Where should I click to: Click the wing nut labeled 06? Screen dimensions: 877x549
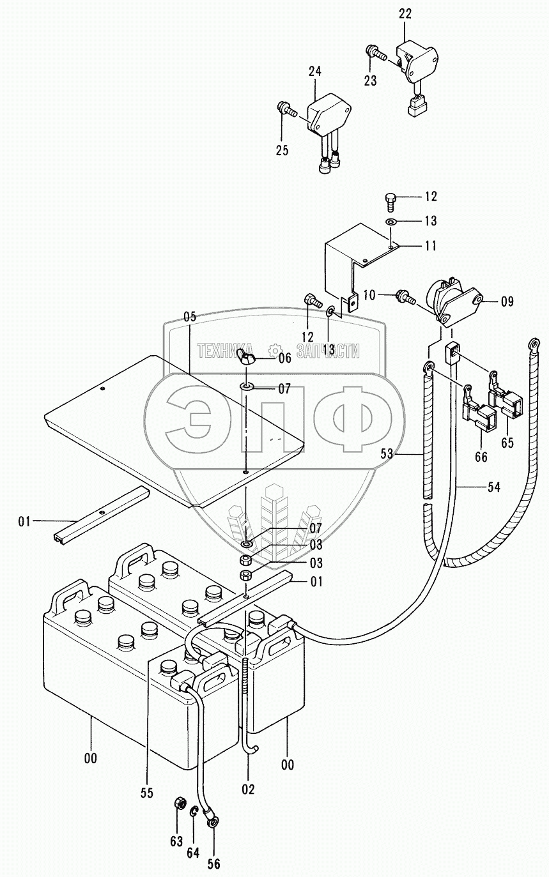tap(247, 358)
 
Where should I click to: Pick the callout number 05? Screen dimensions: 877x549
tap(189, 317)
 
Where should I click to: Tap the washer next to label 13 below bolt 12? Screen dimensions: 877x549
tap(391, 221)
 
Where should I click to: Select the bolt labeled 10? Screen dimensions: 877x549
tap(405, 295)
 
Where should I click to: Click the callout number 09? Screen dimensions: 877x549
tap(506, 301)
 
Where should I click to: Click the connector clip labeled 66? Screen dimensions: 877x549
tap(479, 419)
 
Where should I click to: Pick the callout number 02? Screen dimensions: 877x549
tap(248, 789)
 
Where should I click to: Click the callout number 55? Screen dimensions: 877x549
tap(148, 793)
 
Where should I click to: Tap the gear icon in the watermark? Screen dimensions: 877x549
tap(274, 350)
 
